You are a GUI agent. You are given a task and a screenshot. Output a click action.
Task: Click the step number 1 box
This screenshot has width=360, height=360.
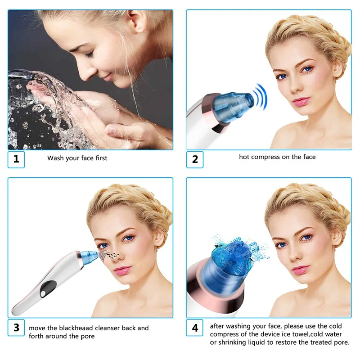click(16, 160)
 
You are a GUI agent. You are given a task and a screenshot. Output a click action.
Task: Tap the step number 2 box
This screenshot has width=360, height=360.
click(195, 160)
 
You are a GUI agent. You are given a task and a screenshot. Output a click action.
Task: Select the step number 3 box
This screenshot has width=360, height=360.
click(16, 328)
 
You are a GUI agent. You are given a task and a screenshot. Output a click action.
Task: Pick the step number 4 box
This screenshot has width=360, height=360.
click(195, 328)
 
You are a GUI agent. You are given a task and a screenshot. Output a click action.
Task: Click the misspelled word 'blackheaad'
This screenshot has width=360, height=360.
click(76, 328)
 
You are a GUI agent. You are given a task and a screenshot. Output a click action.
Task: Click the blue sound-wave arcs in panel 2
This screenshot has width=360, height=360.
click(261, 97)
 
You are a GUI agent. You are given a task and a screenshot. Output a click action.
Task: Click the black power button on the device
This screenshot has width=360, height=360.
click(48, 288)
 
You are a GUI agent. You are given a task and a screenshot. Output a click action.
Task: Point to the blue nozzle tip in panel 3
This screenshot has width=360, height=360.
click(89, 257)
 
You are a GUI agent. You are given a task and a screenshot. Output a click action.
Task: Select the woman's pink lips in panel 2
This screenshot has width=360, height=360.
click(301, 102)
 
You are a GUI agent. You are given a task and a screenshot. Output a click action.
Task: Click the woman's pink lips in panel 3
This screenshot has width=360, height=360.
click(122, 270)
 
